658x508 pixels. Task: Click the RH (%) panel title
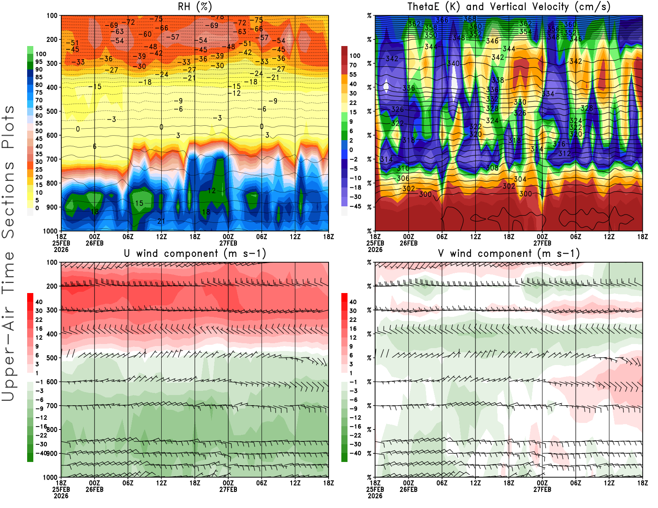[195, 7]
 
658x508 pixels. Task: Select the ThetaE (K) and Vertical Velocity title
[509, 7]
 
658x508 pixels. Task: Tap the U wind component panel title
[195, 254]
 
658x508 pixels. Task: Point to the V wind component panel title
[509, 254]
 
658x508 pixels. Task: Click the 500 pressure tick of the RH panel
[52, 111]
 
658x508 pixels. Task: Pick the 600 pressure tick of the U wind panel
[52, 382]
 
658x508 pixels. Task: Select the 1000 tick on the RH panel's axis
[50, 231]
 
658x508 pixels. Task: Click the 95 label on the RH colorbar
[39, 62]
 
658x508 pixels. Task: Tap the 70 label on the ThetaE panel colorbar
[353, 65]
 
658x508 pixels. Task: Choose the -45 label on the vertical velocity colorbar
[355, 206]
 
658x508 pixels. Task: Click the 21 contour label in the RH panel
[161, 221]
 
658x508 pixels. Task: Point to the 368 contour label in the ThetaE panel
[470, 19]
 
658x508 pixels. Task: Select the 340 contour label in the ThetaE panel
[453, 63]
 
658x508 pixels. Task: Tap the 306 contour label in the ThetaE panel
[403, 178]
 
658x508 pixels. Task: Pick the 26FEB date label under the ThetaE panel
[408, 243]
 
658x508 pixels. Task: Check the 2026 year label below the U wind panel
[61, 496]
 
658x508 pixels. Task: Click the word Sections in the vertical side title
[8, 199]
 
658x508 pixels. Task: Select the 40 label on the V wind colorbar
[353, 302]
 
